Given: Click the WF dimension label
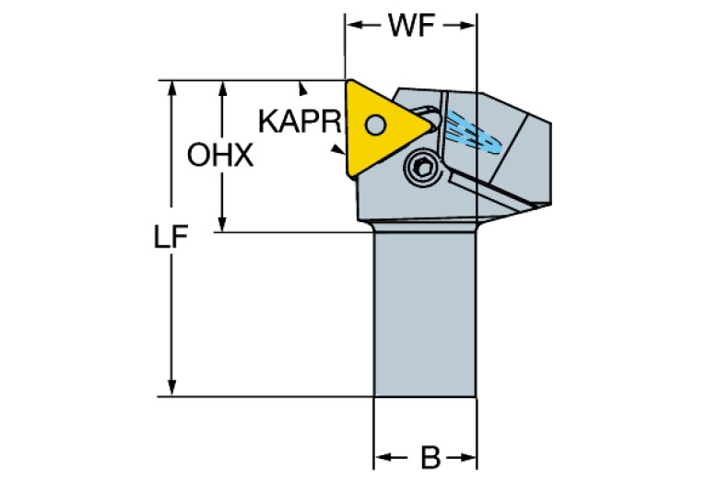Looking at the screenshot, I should (x=411, y=27).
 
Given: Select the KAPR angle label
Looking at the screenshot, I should (x=300, y=121).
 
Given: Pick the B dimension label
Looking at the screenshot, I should (x=427, y=456).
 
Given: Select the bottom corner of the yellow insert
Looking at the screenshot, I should (x=348, y=172).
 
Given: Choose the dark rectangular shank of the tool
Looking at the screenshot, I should (x=424, y=313).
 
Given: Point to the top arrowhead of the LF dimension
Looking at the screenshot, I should (x=171, y=87).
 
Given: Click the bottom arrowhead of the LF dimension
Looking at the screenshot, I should (x=171, y=390).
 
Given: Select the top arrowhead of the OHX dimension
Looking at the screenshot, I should (x=221, y=87).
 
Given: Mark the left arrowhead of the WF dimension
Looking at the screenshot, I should (x=352, y=27).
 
